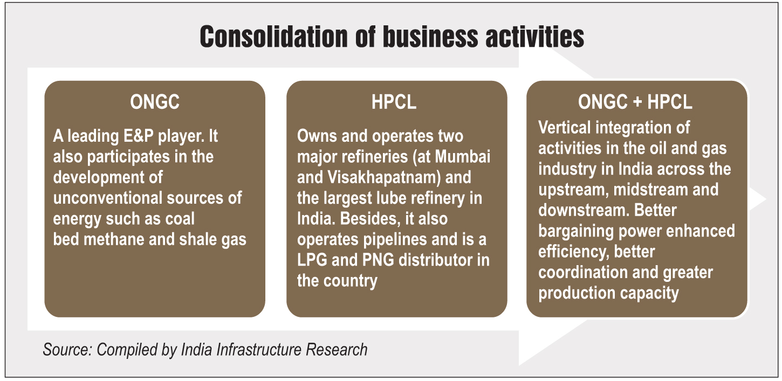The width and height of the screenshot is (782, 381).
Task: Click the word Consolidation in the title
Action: [274, 37]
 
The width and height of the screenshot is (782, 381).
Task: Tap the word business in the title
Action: [430, 37]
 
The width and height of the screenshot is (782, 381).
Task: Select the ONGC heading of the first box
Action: [155, 102]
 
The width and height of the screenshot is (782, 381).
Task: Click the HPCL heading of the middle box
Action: [394, 102]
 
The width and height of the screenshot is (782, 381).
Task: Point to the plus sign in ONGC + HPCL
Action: [637, 102]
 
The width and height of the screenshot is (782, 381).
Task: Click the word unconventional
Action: [108, 198]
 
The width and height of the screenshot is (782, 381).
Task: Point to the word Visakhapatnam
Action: [384, 177]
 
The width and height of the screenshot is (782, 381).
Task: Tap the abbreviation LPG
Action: [312, 260]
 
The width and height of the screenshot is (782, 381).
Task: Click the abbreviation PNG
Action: [378, 260]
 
